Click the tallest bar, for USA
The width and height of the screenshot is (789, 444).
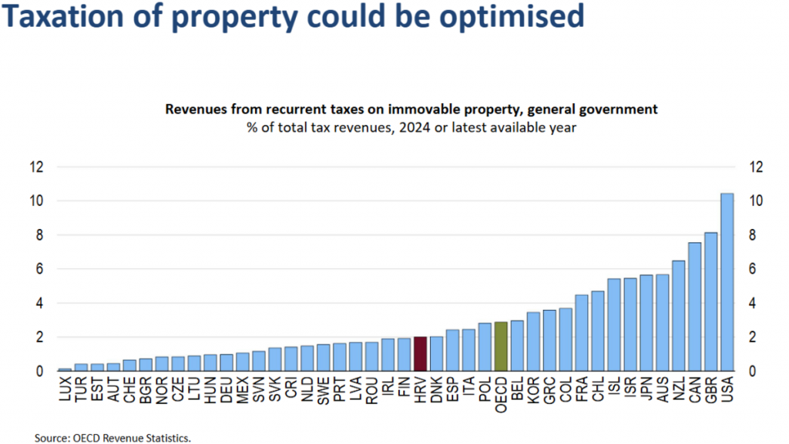[x=726, y=282]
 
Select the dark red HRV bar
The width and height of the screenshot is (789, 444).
[x=420, y=354]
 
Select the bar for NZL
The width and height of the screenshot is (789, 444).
[x=678, y=316]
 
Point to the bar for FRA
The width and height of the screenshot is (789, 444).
[x=581, y=333]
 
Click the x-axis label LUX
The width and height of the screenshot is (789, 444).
[x=65, y=390]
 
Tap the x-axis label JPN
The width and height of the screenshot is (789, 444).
[x=646, y=390]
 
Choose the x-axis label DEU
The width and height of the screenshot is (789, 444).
[x=227, y=390]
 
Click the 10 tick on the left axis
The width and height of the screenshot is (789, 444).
[x=36, y=201]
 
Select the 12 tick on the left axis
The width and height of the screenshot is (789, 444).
[x=36, y=167]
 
